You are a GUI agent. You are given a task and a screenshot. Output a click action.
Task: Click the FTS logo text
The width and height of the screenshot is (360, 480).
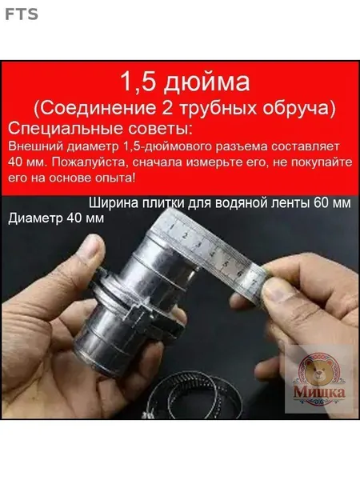coord(22,14)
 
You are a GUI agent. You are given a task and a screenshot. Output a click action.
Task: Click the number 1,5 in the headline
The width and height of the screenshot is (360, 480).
coord(138,82)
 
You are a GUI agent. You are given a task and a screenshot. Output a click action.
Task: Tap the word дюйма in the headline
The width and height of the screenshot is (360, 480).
coord(206,83)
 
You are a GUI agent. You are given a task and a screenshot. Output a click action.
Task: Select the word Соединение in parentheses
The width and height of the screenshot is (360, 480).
coord(98,108)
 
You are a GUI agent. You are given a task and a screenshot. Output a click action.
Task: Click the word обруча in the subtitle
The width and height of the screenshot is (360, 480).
coord(296,109)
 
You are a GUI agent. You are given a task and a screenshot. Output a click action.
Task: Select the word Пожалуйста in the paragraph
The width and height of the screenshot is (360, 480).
coord(89,162)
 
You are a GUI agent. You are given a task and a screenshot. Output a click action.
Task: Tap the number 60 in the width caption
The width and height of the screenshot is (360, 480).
coord(322,203)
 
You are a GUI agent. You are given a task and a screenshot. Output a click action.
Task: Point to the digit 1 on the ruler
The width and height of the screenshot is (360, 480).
coord(172,227)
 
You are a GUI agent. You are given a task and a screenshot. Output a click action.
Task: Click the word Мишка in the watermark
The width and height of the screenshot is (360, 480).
coord(319,392)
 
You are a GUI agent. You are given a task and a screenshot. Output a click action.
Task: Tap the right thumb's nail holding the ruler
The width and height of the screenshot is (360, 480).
coord(275,290)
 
